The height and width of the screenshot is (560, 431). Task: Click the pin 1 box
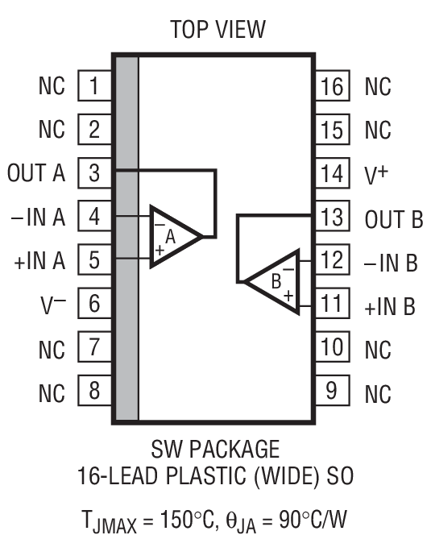(94, 85)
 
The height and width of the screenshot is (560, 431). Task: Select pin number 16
(331, 85)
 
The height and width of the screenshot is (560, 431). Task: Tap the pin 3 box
(94, 172)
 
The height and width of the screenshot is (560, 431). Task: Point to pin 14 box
(331, 173)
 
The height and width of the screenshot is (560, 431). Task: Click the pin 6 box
(94, 304)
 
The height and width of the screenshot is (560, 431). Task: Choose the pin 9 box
(331, 392)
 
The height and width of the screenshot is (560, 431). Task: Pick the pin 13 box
(331, 218)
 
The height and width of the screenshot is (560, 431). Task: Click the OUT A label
(35, 173)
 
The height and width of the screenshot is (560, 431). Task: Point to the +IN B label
(390, 306)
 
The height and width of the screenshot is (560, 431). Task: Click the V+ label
(377, 173)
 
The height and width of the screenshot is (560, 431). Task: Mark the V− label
(50, 304)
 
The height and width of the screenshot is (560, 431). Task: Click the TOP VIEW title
(217, 30)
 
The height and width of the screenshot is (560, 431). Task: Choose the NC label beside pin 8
(52, 393)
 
